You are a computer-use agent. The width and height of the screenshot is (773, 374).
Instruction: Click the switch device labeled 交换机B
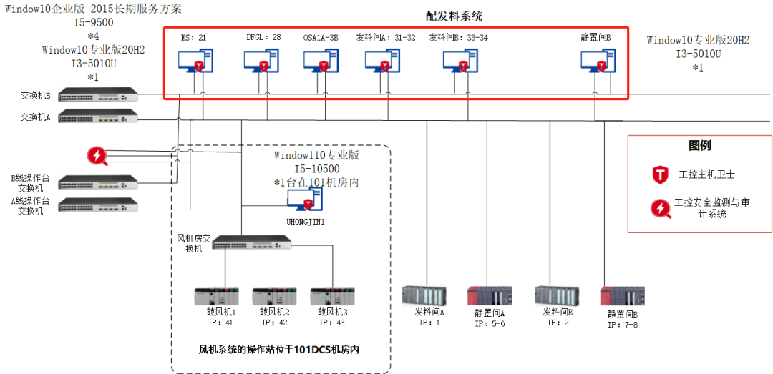coord(97,95)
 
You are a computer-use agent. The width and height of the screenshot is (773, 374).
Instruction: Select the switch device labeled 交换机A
coord(97,116)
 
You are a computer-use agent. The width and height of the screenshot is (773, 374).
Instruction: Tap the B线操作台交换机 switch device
coord(97,182)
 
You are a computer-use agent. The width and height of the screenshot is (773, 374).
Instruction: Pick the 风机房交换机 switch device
coord(253,243)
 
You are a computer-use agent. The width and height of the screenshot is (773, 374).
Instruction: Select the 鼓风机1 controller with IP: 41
coord(217,297)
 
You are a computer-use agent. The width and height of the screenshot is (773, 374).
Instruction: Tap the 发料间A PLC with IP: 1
coord(424,296)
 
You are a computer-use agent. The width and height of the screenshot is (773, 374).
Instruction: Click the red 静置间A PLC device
coord(489,296)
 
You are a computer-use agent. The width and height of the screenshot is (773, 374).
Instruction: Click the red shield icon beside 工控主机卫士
coord(659,174)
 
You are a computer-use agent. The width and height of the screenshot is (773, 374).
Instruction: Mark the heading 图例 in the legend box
coord(700,146)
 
